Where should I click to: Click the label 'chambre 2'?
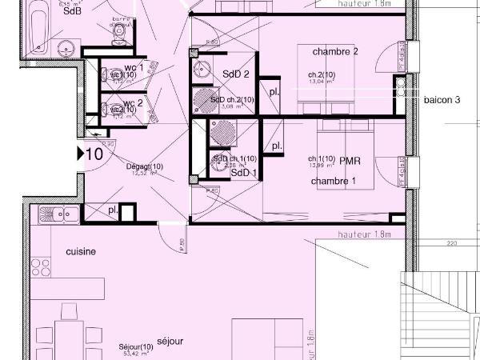tap(334, 52)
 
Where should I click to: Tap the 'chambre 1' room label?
tap(333, 182)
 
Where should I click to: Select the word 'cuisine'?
tap(80, 251)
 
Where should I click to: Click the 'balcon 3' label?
tap(442, 101)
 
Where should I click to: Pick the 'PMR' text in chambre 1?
tap(350, 162)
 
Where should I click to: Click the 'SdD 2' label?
tap(236, 74)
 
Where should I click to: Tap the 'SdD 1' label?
tap(243, 173)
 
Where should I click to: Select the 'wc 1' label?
tap(134, 68)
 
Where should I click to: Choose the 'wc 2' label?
tap(134, 103)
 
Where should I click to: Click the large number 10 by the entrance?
tap(94, 154)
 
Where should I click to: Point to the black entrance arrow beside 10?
tap(81, 154)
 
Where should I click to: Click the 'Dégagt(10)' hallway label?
tap(145, 166)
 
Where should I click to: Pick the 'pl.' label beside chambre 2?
tap(274, 91)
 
